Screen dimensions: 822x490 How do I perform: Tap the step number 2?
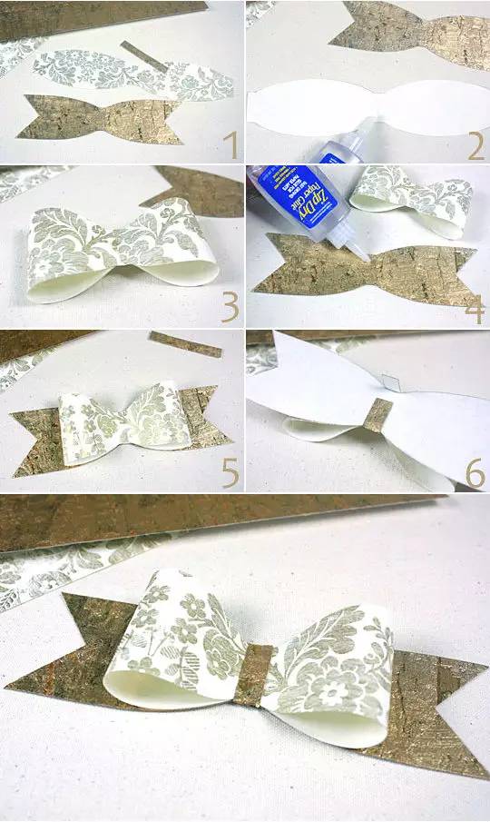tap(475, 146)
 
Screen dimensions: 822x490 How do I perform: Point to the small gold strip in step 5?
tap(185, 344)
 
